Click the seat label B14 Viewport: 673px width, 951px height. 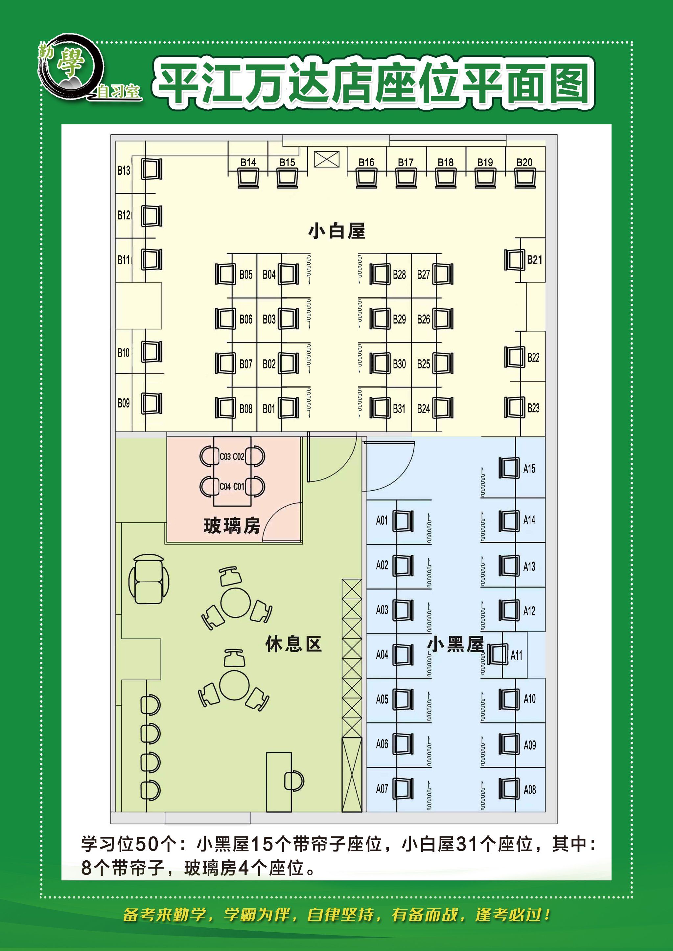(x=248, y=162)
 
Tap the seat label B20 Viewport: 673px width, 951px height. (x=524, y=162)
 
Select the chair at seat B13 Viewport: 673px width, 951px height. (x=151, y=169)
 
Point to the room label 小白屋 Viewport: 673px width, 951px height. (x=336, y=231)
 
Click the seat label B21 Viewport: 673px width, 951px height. (x=534, y=260)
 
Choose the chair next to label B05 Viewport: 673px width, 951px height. (x=225, y=274)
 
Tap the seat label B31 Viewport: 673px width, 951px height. (x=399, y=409)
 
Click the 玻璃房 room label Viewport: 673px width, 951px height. (x=232, y=526)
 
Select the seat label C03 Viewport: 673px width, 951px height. (x=225, y=457)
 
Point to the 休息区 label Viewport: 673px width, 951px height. (x=293, y=644)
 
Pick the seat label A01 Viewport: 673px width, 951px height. (x=382, y=520)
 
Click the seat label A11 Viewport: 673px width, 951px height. (x=516, y=655)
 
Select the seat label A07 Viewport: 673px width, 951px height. (x=382, y=789)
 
